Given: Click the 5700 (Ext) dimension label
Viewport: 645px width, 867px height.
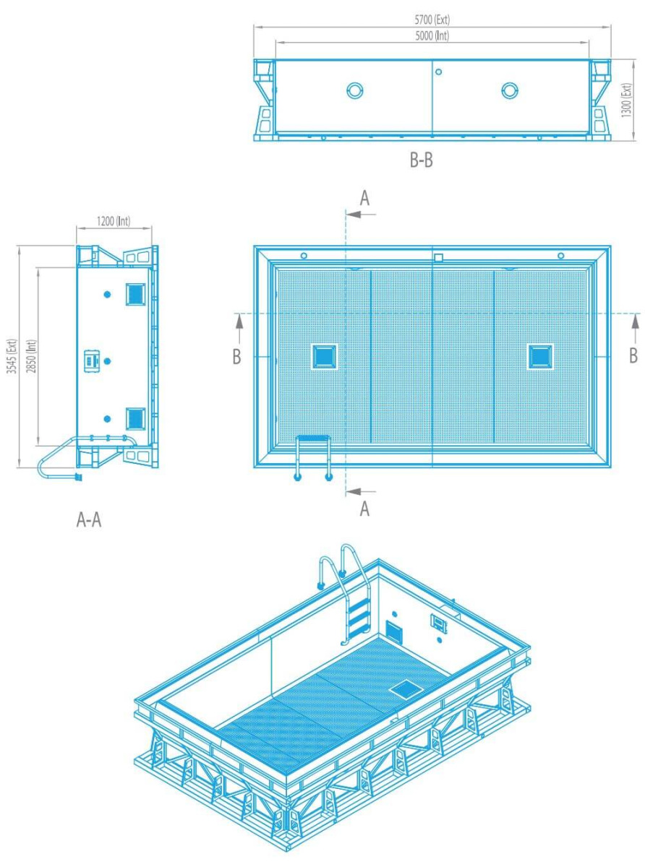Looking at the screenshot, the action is click(432, 20).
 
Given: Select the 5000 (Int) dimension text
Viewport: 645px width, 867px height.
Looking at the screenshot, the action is click(432, 35).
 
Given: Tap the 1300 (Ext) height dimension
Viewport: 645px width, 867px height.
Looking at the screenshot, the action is click(627, 100).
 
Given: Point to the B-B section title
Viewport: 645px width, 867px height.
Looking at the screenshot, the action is click(421, 160).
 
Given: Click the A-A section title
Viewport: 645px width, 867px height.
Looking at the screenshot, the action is click(89, 520).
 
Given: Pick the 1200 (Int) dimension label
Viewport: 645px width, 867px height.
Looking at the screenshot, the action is click(114, 221).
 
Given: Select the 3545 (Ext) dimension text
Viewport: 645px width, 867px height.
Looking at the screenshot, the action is click(12, 356).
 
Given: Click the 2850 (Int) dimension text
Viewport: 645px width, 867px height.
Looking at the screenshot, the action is click(31, 356).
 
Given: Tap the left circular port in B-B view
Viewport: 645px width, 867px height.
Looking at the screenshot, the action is click(355, 90).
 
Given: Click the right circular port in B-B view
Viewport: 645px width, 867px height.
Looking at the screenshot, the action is click(510, 90).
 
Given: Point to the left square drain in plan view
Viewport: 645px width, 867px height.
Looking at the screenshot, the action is click(324, 356).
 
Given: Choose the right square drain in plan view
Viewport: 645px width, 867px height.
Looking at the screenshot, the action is click(540, 356).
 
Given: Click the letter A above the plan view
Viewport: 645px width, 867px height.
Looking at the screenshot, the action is click(364, 198).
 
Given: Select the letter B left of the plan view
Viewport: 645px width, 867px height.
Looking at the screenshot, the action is click(236, 356).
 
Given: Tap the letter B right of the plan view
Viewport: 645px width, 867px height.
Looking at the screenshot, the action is click(633, 355).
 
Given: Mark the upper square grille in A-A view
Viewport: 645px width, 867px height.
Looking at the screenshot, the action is click(135, 294).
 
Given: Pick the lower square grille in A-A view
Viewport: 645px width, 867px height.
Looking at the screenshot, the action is click(135, 418).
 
